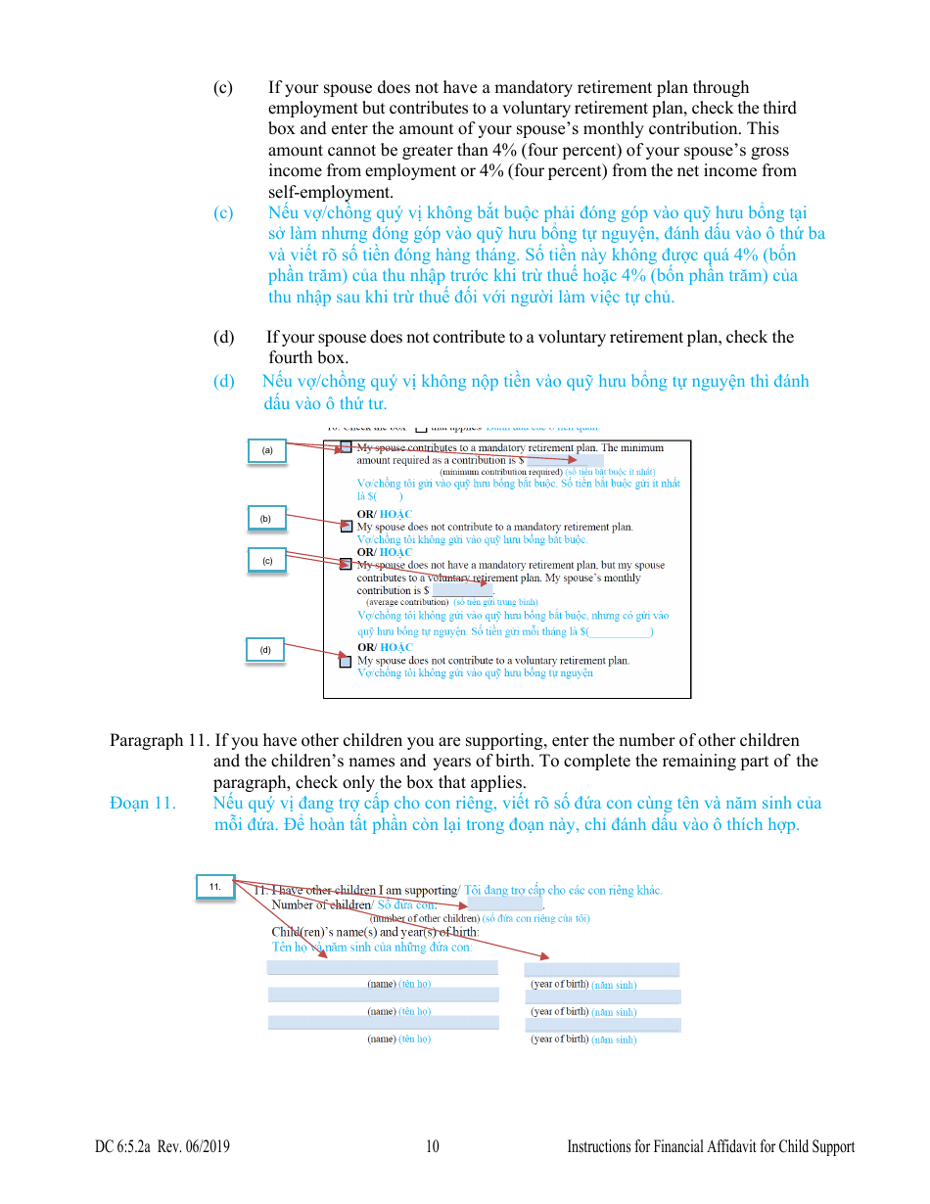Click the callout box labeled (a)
(266, 450)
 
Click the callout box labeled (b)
(265, 518)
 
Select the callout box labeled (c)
(266, 560)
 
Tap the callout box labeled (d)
(264, 650)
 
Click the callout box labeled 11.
(214, 886)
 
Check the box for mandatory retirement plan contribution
(346, 447)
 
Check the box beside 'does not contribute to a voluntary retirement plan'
(346, 662)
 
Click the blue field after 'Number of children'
(505, 904)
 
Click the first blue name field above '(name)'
(382, 968)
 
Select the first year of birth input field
(602, 970)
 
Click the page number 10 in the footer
(433, 1147)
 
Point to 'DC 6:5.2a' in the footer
(122, 1147)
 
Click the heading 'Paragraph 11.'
(160, 741)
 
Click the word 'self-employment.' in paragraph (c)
(330, 192)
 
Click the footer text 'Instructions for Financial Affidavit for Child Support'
(711, 1147)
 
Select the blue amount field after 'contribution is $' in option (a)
(565, 460)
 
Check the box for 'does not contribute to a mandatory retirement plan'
(346, 526)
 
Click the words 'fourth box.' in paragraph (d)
(308, 358)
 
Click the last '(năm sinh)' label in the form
(614, 1040)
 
